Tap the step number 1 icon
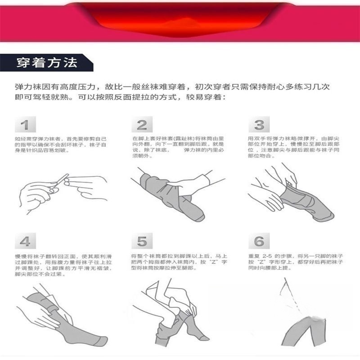click(x=25, y=125)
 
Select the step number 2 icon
click(x=142, y=125)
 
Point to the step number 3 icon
click(x=259, y=125)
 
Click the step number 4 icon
click(x=25, y=242)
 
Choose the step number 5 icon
click(x=142, y=242)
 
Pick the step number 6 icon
click(x=259, y=242)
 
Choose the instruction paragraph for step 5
click(x=178, y=261)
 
